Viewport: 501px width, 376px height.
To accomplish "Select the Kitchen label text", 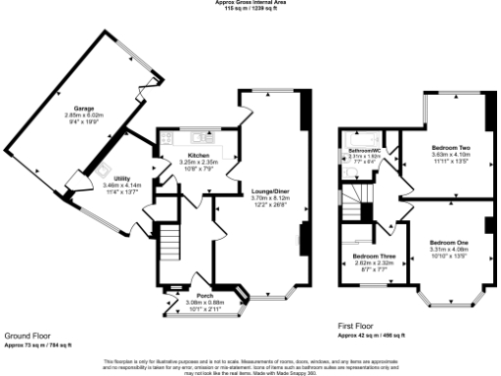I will click(x=199, y=155).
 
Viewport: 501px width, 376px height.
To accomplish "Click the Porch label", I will click(x=205, y=295).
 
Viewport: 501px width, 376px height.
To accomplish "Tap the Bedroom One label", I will click(x=448, y=241).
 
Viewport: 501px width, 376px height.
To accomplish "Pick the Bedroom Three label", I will click(x=373, y=256).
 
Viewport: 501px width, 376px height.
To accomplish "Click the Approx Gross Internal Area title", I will click(x=250, y=3).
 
